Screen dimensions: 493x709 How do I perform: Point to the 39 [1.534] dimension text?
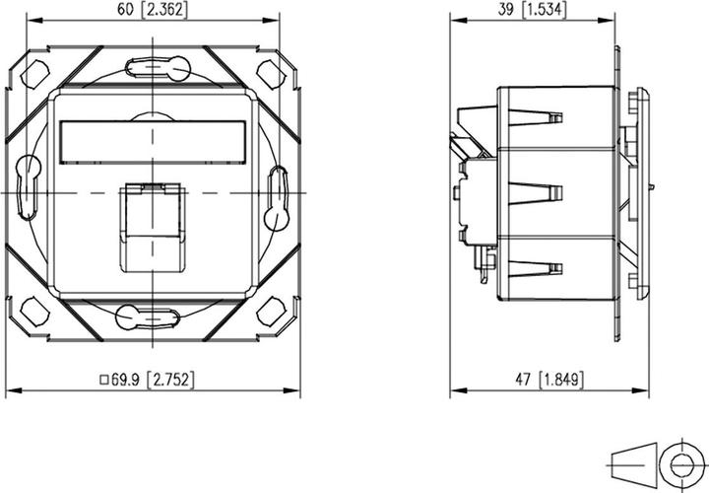536,11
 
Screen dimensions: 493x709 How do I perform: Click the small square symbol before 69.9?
104,378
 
